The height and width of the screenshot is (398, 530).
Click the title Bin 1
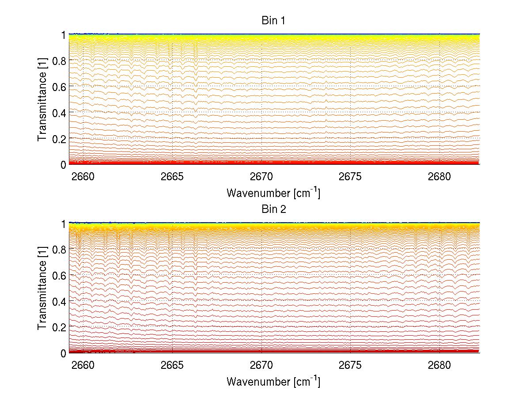click(274, 21)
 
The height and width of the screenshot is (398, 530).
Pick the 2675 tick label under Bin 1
click(350, 177)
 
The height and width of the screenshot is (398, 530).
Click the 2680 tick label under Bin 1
click(439, 177)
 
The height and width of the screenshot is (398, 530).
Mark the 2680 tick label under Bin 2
click(439, 366)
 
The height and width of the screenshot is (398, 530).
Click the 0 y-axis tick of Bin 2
click(64, 353)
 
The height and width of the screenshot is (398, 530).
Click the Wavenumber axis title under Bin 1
click(273, 193)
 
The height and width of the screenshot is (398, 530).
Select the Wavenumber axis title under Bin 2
click(273, 381)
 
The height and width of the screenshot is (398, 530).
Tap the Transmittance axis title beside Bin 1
click(42, 99)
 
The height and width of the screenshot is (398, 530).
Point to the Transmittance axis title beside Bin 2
click(42, 288)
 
